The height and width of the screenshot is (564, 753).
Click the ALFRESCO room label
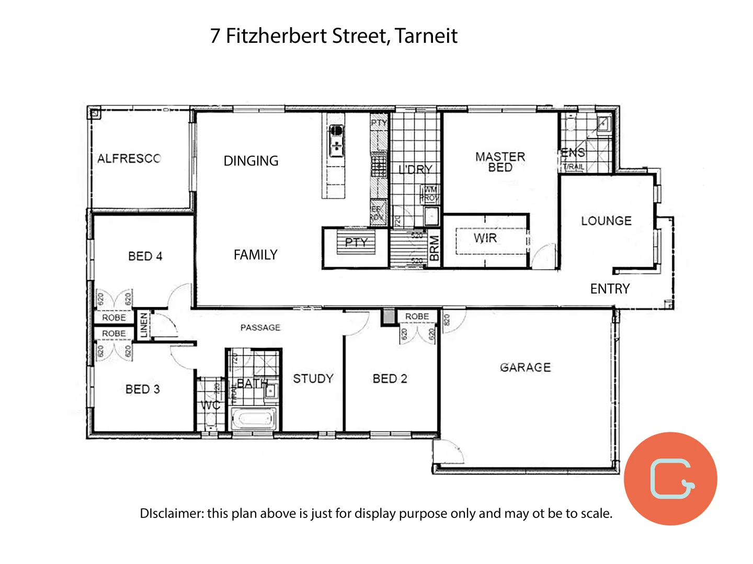(129, 158)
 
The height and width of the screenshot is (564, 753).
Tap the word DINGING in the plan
(251, 161)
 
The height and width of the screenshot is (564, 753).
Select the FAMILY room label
(255, 255)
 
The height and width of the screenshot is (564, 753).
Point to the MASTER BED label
(500, 162)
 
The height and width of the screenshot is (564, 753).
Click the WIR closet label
(485, 238)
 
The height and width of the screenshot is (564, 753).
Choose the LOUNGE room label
(606, 221)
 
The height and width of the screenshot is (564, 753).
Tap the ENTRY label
(610, 289)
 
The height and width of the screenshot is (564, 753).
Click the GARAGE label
(525, 368)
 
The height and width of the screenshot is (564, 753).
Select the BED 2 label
(390, 379)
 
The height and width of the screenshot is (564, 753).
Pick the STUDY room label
(313, 379)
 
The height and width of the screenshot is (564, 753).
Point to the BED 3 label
(142, 389)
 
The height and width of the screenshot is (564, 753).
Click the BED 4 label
(145, 256)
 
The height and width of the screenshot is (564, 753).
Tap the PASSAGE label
(260, 327)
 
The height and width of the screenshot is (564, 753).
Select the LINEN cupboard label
(144, 325)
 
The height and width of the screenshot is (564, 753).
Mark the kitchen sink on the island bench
(336, 140)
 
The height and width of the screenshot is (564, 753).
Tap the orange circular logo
(670, 478)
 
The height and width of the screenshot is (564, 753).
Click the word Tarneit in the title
(426, 36)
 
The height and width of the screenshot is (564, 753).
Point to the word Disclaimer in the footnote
(172, 513)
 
